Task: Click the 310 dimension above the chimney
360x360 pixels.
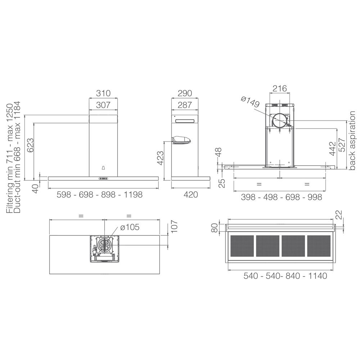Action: [103, 93]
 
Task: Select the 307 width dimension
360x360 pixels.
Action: [103, 105]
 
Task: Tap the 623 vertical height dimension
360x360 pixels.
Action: [30, 145]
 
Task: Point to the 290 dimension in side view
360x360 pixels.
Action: [185, 93]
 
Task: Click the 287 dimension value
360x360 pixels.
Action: [185, 105]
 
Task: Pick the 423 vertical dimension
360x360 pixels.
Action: [160, 158]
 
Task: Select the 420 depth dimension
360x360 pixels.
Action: [190, 195]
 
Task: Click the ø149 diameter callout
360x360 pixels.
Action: [250, 102]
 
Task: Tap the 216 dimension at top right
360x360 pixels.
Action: [280, 89]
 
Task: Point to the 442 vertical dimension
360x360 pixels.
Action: [332, 149]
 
